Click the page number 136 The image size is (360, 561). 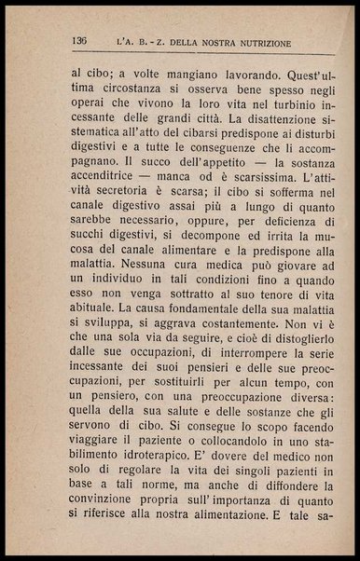tap(78, 42)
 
